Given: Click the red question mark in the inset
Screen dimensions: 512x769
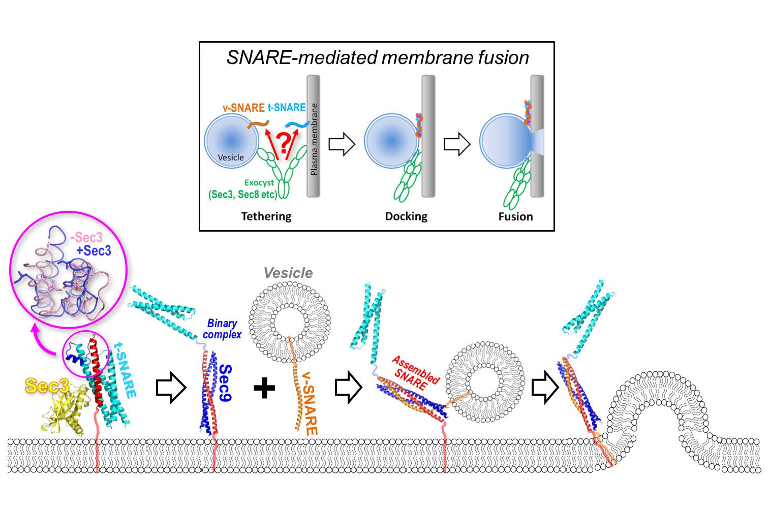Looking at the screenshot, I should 284,141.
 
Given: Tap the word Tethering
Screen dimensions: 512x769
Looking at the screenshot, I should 266,216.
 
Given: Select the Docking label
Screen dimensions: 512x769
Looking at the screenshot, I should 406,216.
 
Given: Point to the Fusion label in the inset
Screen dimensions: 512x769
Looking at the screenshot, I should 515,216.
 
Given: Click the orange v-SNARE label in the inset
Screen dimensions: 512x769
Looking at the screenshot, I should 243,108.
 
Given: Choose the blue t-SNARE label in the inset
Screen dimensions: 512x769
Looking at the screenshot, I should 287,108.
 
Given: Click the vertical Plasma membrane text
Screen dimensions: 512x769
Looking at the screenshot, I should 314,140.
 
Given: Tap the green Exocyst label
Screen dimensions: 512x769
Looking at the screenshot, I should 259,182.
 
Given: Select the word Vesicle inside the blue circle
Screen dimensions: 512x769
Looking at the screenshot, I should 231,157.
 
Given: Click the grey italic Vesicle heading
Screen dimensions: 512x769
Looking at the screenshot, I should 288,273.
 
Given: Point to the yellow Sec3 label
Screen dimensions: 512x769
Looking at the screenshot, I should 47,387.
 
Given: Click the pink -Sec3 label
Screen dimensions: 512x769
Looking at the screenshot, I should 86,238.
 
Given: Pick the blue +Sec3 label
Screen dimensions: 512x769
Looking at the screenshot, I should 94,250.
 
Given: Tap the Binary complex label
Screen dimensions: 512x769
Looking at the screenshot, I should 222,329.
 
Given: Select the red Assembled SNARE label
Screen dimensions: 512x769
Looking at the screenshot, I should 414,373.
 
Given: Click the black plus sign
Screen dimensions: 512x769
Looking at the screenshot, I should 264,389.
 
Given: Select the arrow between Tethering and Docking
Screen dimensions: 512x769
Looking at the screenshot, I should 342,144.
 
